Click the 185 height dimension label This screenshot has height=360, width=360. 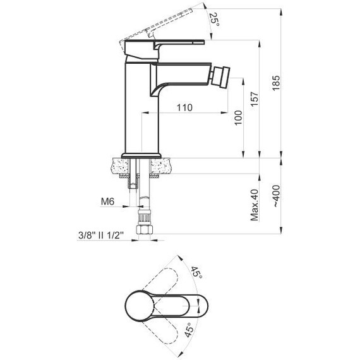(276, 83)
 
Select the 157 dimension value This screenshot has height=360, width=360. (255, 99)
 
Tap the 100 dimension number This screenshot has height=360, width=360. (238, 117)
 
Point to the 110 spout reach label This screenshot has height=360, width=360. (184, 107)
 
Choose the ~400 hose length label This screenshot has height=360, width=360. (276, 196)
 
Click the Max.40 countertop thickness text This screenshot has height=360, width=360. (255, 205)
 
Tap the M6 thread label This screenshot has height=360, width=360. (107, 201)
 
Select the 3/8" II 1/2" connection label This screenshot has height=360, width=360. (101, 235)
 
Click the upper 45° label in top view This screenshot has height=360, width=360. (196, 272)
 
